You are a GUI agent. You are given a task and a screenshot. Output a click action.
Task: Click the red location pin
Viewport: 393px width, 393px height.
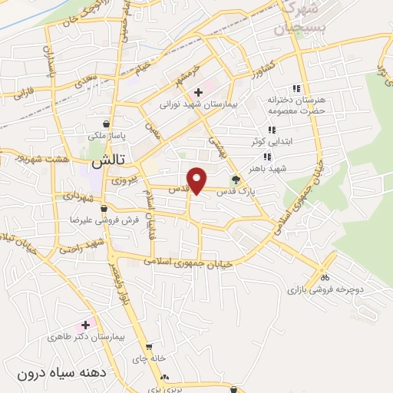pos(197,180)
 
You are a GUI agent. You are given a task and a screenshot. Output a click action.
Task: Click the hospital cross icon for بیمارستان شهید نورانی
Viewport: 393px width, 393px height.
pos(198,92)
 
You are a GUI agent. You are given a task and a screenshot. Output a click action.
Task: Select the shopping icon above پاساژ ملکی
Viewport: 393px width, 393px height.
pos(106,123)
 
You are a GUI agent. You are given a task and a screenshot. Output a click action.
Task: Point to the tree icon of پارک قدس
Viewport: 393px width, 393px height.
pos(236,181)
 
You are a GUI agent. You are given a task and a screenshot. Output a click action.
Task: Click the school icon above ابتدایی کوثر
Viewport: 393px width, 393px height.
pos(270,130)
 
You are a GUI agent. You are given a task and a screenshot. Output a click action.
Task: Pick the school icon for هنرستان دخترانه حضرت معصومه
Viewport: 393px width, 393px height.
pos(296,88)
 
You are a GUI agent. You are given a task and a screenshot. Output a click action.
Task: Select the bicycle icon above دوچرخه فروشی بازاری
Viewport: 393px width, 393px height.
pos(325,278)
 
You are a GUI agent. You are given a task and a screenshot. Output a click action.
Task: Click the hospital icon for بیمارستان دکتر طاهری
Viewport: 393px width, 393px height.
pos(85,325)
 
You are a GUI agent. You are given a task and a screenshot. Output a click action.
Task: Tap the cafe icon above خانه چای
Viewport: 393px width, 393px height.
pos(149,347)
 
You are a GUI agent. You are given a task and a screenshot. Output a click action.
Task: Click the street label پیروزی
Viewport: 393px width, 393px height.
pos(122,181)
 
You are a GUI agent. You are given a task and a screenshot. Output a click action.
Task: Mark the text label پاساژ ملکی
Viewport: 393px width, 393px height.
pos(107,136)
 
